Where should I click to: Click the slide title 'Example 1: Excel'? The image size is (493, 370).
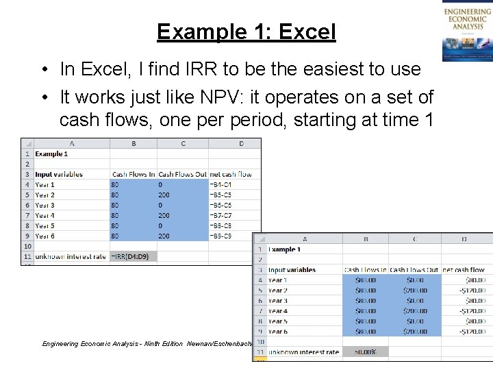coord(246,32)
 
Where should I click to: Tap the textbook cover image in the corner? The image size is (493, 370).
coord(467,32)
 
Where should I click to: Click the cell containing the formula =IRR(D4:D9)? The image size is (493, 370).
coord(133,256)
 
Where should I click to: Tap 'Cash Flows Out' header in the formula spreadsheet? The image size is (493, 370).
coord(182,174)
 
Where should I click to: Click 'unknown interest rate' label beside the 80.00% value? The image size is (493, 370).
coord(303,352)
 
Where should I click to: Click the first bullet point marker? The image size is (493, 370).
coord(43,69)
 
